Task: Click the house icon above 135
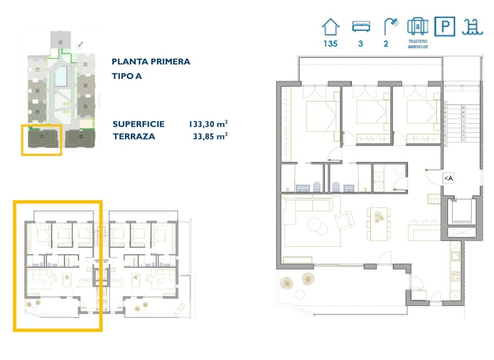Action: pos(331,27)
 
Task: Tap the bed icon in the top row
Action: pos(360,27)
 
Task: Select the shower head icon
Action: pos(391,26)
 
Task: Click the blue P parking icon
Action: pos(445,27)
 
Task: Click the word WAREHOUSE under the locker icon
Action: pos(418,48)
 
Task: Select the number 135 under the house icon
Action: pos(331,44)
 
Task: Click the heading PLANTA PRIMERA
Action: pos(151,62)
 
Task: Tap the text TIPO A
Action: pos(127,76)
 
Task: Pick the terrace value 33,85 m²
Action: pos(209,137)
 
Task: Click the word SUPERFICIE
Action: pos(138,124)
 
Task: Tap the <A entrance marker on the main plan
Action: pos(448,178)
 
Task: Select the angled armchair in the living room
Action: pos(345,221)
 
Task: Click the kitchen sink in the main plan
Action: pos(456,254)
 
